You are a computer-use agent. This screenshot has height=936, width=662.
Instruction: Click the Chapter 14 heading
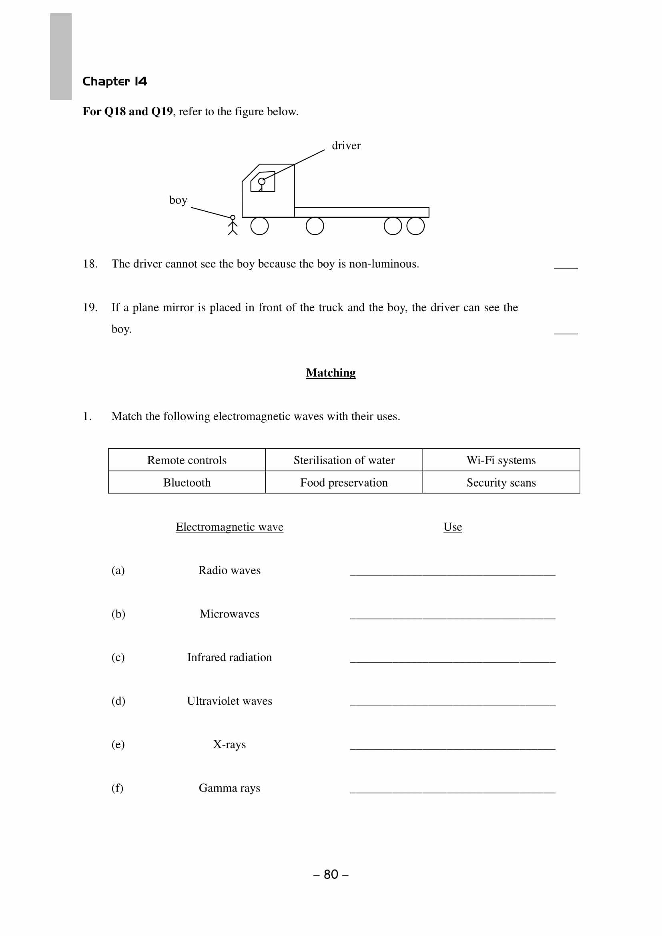coord(114,82)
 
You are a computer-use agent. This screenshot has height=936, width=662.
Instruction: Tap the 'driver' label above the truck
coord(346,146)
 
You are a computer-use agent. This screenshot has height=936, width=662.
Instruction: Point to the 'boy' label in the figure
coord(178,200)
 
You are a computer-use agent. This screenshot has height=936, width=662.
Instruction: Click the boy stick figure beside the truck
coord(233,225)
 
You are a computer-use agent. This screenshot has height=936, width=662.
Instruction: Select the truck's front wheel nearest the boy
coord(259,226)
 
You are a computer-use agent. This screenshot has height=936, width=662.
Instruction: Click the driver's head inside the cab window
coord(262,181)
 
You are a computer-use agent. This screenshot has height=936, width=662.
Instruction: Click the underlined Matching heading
coord(331,373)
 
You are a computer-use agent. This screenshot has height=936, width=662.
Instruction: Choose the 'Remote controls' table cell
coord(187,460)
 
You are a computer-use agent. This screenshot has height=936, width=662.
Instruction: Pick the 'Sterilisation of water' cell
coord(344,460)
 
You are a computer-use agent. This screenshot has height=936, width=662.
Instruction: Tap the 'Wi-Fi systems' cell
coord(501,460)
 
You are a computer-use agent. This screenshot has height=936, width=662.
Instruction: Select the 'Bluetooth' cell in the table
coord(187,482)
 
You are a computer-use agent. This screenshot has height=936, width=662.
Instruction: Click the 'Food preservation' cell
coord(344,482)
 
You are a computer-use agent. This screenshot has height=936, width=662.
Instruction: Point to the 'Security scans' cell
coord(501,482)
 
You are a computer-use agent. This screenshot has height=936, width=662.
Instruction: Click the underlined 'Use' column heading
coord(453,527)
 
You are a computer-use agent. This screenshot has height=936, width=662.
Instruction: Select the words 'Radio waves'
coord(229,570)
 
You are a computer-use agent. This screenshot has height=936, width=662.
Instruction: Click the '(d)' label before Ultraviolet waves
coord(118,701)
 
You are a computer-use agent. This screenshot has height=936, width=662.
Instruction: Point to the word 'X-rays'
coord(229,744)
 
